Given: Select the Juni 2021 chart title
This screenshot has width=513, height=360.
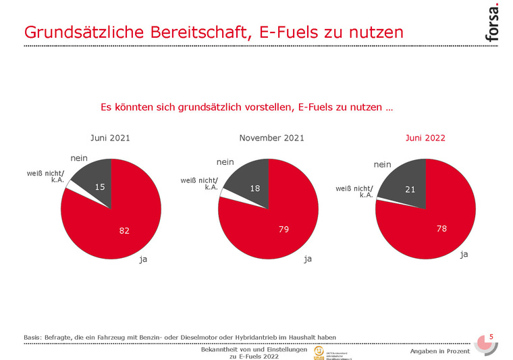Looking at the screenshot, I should (110, 138).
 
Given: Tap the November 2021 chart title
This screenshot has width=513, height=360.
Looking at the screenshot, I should (271, 138).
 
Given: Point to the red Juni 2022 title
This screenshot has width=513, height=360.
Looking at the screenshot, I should (425, 138).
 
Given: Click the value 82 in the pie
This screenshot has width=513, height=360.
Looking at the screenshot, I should (124, 231).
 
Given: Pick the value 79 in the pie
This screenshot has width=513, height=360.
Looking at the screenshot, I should (283, 230).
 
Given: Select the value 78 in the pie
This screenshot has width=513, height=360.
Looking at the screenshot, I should (441, 230).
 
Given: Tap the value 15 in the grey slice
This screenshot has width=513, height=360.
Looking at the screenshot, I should (99, 186).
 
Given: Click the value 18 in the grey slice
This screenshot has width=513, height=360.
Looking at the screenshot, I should (254, 188).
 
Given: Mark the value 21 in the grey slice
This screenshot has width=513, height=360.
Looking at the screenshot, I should (410, 190).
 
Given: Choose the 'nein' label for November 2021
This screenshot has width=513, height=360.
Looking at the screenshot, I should (225, 162).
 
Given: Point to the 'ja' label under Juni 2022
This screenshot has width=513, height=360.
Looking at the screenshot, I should (464, 255).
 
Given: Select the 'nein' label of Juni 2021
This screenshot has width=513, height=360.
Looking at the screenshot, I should (79, 158).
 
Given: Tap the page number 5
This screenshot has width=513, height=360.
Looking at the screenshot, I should (491, 337).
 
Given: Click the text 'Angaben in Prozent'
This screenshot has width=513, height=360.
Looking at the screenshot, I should (439, 352).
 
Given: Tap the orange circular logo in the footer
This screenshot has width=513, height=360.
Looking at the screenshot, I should (318, 352).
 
